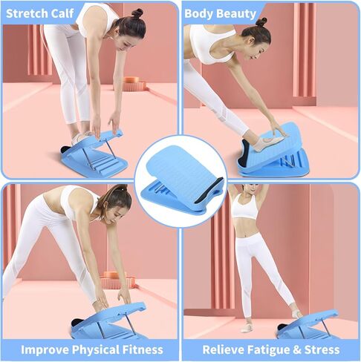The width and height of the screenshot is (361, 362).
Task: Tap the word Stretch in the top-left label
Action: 30,13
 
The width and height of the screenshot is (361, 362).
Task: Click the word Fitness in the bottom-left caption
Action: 140,349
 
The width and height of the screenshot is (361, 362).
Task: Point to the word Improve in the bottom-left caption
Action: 46,349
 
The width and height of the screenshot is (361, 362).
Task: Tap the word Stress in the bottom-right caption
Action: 325,349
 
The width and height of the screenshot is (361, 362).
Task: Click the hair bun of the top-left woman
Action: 137,13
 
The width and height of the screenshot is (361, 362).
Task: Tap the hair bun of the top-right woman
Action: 261,22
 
